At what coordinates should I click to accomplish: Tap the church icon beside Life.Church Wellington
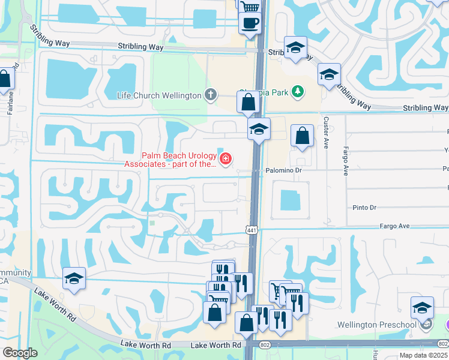210,94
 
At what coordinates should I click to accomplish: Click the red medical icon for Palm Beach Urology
226,159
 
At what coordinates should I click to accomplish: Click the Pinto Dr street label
364,208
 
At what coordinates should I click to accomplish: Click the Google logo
20,352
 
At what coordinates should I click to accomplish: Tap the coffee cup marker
250,23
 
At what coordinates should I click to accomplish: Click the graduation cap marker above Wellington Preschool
423,307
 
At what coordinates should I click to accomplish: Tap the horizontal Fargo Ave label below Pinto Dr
394,226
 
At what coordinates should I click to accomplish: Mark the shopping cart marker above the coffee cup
250,7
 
